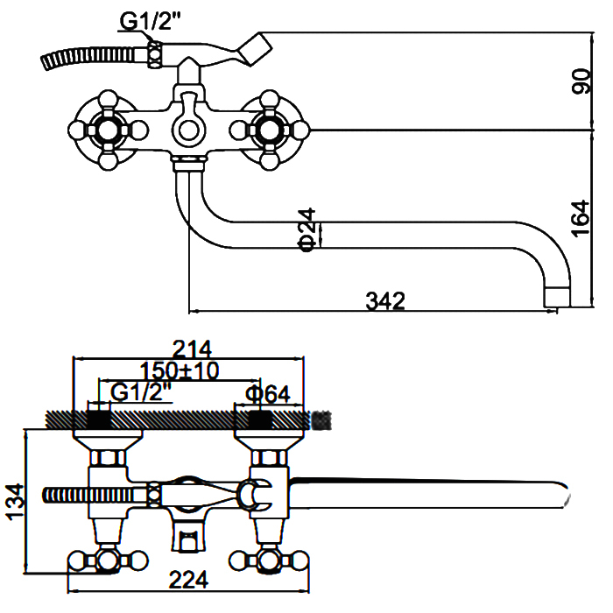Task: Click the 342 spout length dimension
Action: tap(385, 300)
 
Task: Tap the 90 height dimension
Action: tap(581, 81)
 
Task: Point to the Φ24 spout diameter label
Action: tap(306, 229)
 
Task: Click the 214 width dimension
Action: tap(192, 349)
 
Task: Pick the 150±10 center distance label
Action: tap(180, 370)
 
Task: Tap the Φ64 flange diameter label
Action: tap(268, 394)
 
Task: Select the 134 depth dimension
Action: tap(15, 503)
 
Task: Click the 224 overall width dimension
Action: tap(188, 580)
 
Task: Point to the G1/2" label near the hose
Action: tap(151, 22)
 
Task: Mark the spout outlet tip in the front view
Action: tap(558, 297)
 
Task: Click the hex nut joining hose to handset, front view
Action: tap(155, 54)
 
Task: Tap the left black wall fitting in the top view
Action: tap(99, 419)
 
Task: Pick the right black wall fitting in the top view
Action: tap(260, 419)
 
